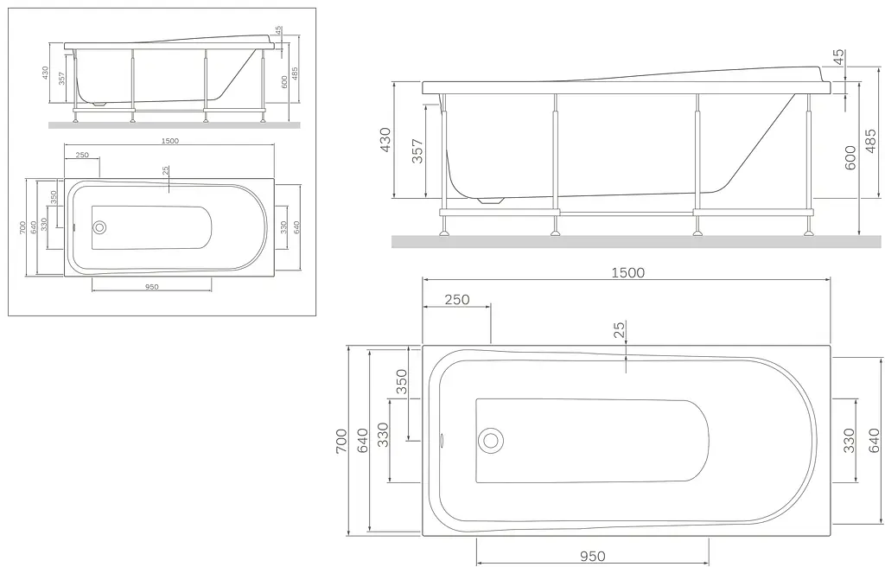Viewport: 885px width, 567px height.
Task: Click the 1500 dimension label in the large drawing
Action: [x=627, y=273]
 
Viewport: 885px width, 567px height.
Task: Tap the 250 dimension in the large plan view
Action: [x=456, y=299]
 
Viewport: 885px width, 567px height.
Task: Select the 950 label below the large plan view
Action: [x=592, y=557]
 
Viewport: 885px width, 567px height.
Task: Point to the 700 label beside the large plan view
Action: [x=341, y=441]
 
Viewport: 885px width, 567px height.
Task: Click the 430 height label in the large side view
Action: [x=385, y=139]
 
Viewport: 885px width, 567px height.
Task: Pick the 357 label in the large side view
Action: [x=417, y=150]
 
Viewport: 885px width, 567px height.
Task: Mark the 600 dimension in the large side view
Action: [x=850, y=157]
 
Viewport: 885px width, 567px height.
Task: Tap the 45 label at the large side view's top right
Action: [x=838, y=57]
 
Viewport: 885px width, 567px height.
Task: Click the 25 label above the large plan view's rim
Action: [x=619, y=329]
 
